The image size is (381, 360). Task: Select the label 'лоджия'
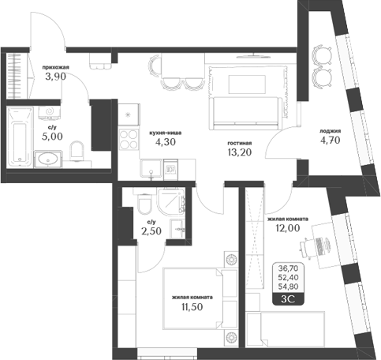pos(330,131)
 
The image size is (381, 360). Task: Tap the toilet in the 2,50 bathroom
pos(144,207)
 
